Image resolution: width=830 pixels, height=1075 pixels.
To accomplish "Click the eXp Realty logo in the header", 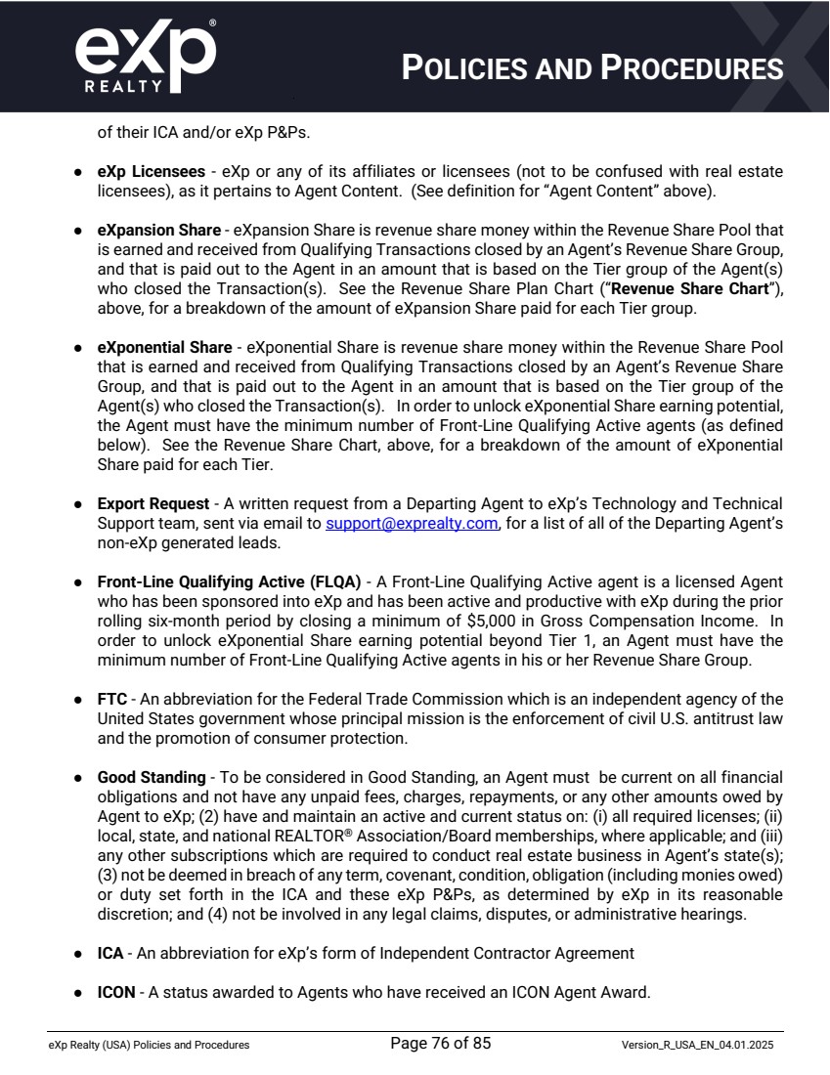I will tap(145, 56).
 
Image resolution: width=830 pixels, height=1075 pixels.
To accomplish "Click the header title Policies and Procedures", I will tap(593, 67).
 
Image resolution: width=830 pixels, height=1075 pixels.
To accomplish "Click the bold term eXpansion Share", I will tap(158, 231).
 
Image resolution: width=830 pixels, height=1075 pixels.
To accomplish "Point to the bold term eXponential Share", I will tap(164, 348).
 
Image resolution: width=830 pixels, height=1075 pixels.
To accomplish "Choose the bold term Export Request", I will tap(153, 504).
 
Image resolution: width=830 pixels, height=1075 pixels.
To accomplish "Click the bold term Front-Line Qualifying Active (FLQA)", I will tap(229, 582).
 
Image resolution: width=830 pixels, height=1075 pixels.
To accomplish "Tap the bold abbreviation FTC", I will tap(110, 700).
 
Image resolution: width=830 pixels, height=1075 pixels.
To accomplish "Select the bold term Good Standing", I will tap(152, 778).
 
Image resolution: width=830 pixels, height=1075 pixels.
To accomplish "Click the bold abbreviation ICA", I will tap(110, 954).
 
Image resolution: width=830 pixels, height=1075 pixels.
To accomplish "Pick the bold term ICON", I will tap(116, 993).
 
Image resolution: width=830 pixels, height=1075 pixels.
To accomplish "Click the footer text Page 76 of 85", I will tap(440, 1044).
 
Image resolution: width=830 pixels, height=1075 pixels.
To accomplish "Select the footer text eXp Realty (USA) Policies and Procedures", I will tap(149, 1046).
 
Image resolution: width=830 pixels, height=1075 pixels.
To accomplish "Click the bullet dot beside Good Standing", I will tap(77, 778).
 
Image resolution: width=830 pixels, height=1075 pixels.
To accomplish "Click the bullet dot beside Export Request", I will tap(77, 504).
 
